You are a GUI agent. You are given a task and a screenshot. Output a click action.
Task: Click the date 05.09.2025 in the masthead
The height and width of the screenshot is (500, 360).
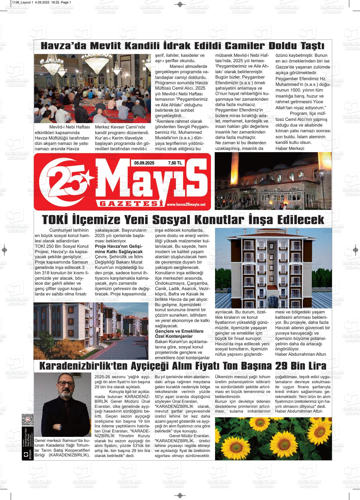click(144, 163)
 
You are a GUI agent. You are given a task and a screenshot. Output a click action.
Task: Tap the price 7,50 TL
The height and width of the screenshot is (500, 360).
click(175, 163)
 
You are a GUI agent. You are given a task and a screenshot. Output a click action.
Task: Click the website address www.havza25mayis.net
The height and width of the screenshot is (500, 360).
click(186, 204)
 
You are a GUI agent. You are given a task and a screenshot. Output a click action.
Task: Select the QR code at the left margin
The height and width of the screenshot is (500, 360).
click(27, 420)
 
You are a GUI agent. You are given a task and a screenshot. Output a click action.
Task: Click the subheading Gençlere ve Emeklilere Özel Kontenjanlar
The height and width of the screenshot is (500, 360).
click(179, 334)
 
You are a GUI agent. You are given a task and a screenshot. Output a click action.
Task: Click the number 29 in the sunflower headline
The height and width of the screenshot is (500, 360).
click(281, 366)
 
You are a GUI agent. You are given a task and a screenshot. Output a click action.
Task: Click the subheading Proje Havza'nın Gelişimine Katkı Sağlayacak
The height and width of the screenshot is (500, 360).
click(119, 249)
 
